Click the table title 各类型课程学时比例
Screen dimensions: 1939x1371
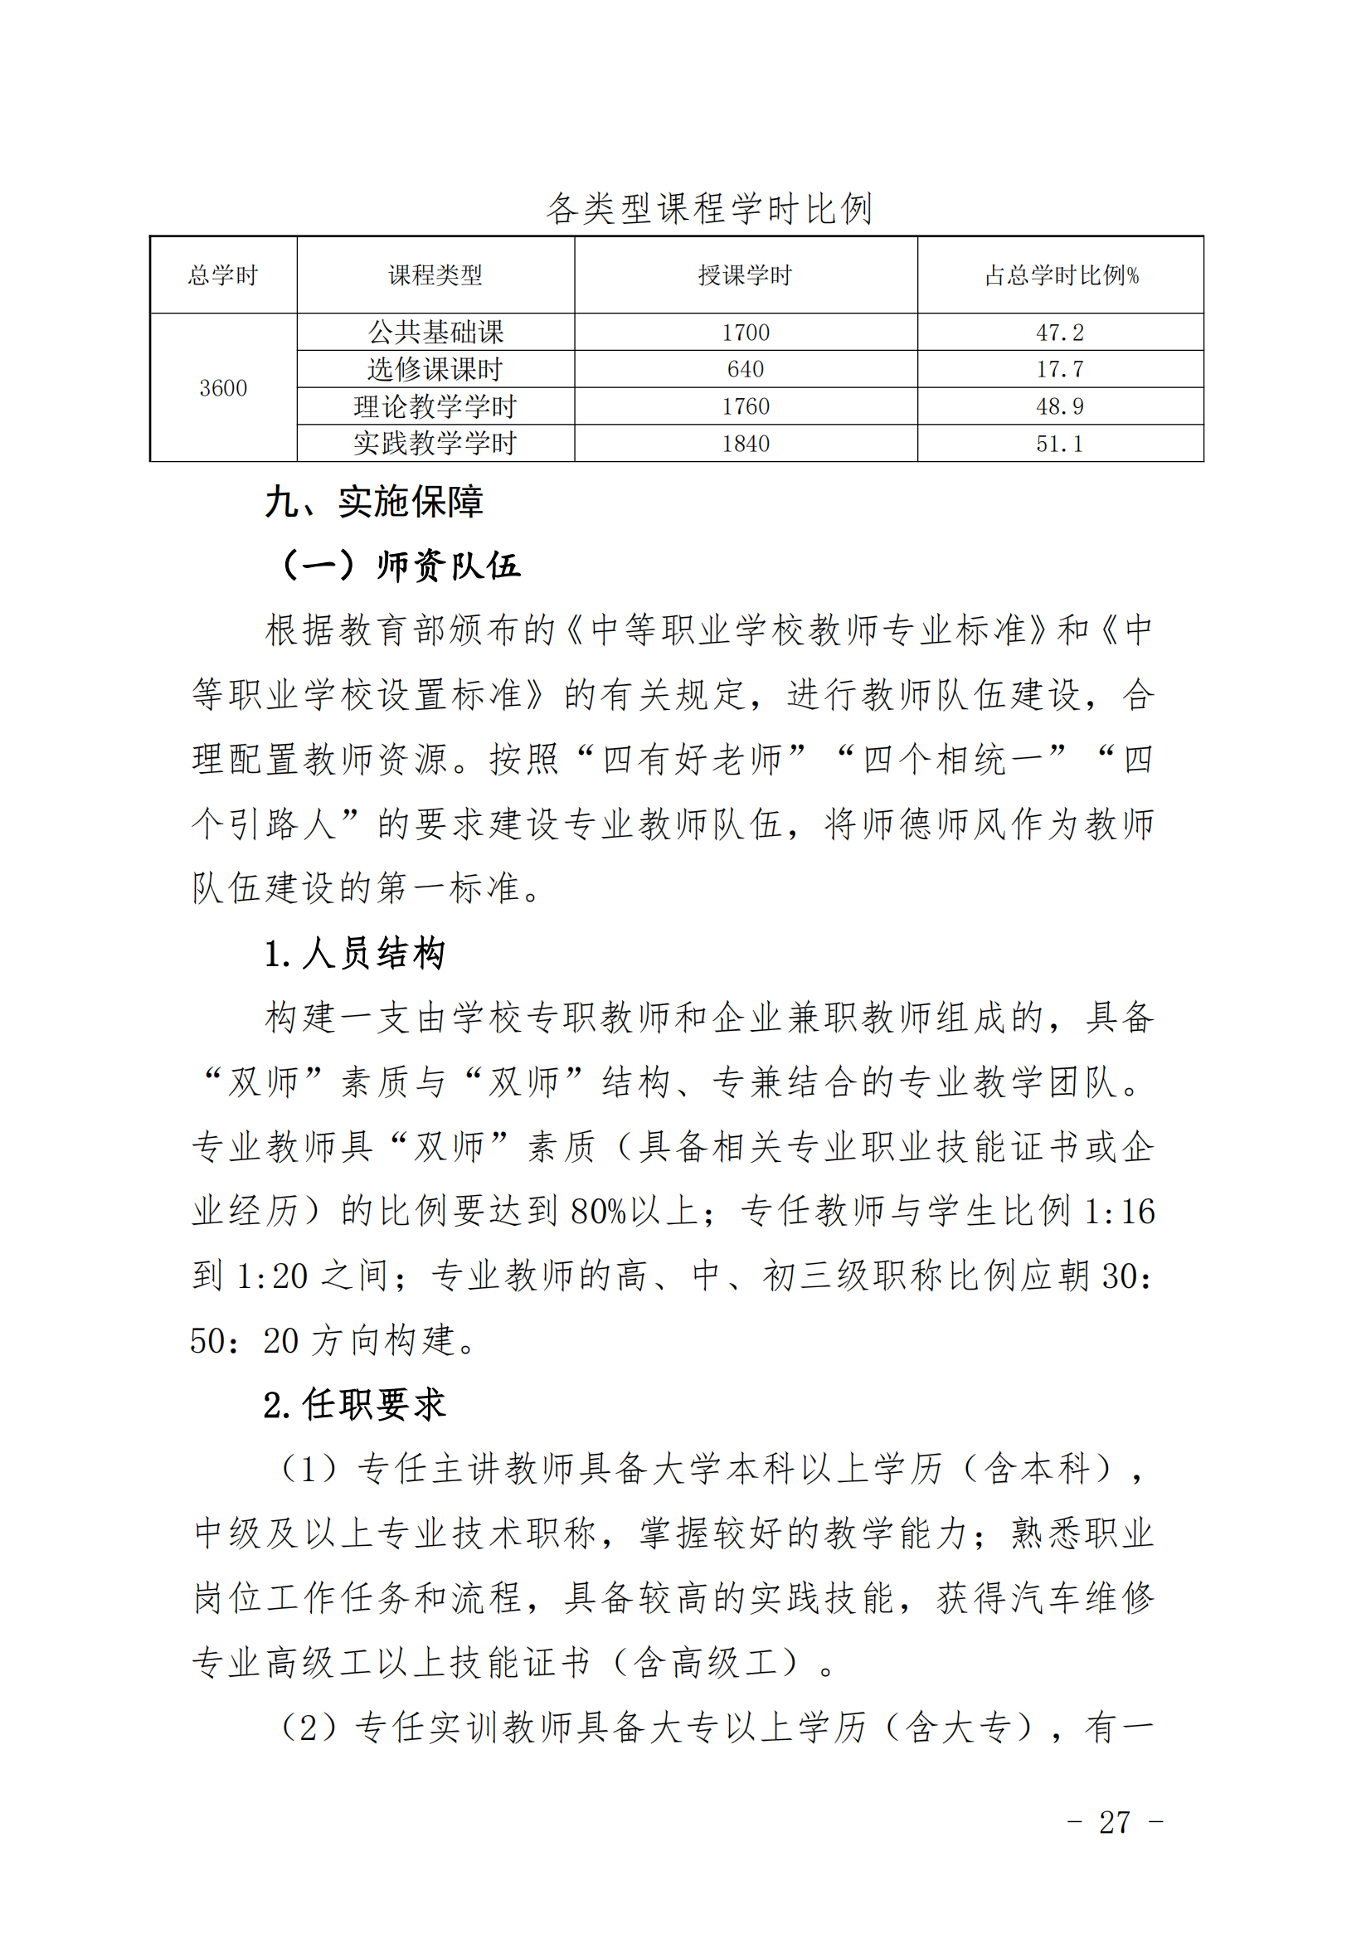707,209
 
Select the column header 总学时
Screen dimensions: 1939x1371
222,275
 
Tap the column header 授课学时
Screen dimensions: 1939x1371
745,275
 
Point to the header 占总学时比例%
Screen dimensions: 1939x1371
1061,275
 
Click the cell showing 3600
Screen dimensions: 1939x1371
223,387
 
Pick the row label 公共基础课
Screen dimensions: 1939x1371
435,332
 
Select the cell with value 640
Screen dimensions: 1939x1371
745,369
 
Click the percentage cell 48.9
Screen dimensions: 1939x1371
1059,406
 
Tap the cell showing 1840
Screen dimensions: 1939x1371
745,444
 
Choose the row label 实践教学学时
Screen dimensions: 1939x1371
435,444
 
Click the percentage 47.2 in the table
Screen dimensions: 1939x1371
1059,332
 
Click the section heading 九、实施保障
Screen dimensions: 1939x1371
374,502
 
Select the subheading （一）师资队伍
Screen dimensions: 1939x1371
401,565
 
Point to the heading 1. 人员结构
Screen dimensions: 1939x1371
354,954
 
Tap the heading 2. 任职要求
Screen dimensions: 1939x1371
354,1404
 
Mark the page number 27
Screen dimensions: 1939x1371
1114,1822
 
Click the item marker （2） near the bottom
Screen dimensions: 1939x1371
309,1727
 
